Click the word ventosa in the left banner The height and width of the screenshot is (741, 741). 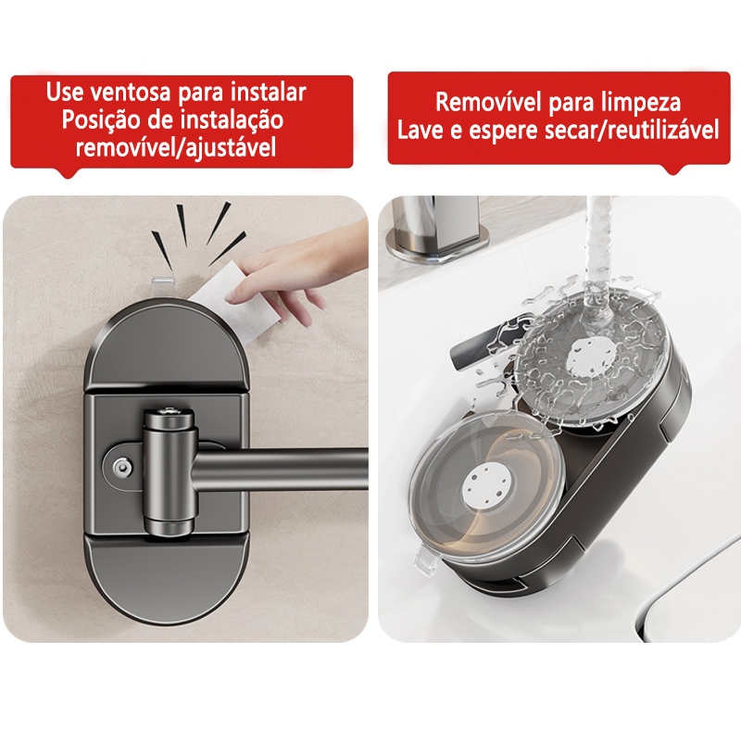[130, 92]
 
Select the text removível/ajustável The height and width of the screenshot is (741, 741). [176, 148]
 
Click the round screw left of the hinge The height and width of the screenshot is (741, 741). [123, 467]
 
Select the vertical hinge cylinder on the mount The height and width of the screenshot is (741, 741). [170, 472]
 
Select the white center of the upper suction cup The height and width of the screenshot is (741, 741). [592, 357]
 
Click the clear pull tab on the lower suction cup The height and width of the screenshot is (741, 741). [426, 561]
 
